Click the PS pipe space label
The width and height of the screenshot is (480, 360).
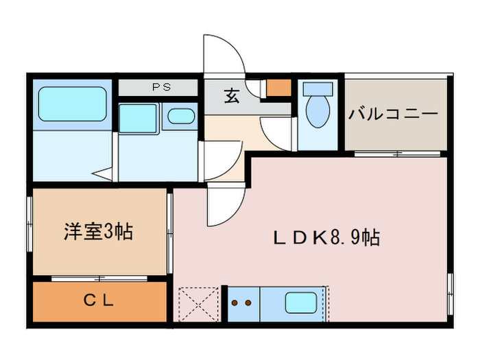[162, 88]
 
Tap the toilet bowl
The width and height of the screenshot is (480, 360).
[317, 112]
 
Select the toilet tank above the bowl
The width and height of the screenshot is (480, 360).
[317, 88]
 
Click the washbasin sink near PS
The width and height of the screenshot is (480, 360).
[181, 116]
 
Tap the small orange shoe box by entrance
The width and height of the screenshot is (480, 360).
[278, 88]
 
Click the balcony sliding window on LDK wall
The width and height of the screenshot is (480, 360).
[398, 154]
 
